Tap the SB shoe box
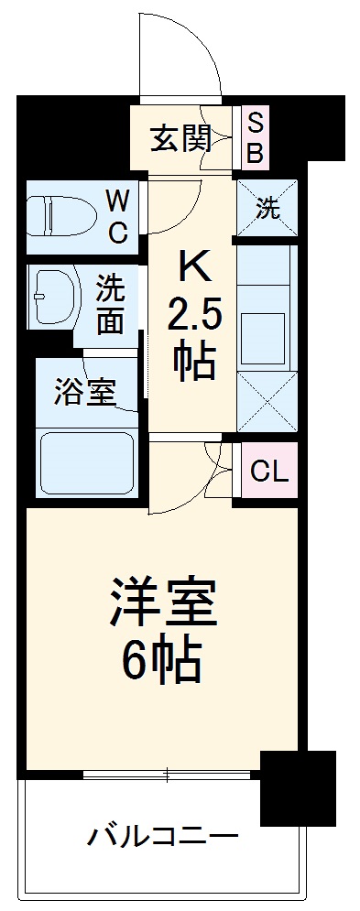click(256, 137)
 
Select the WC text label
click(117, 216)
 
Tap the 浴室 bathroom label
click(84, 393)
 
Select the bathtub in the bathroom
click(86, 462)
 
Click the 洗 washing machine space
click(267, 208)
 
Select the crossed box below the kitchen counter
click(267, 400)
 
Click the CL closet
click(269, 472)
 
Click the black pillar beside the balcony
click(297, 786)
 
